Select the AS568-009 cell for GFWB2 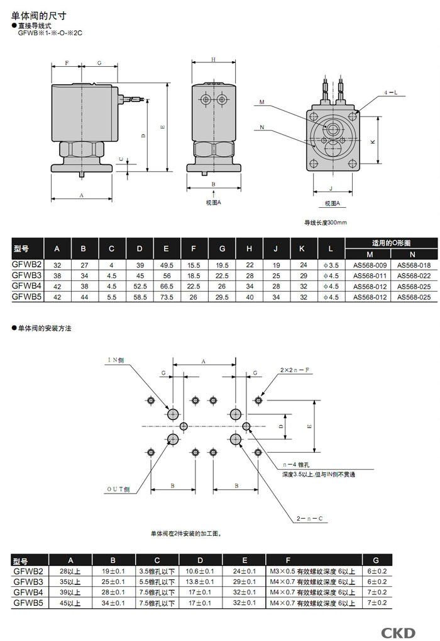tap(368, 266)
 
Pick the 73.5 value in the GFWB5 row tap(167, 296)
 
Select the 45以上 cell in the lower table tap(70, 603)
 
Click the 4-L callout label tap(391, 92)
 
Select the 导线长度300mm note tap(326, 222)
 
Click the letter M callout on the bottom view tap(261, 102)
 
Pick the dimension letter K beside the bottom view tap(372, 142)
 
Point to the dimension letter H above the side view tap(214, 60)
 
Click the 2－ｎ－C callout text tap(310, 519)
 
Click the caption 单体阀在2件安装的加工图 tap(185, 533)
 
